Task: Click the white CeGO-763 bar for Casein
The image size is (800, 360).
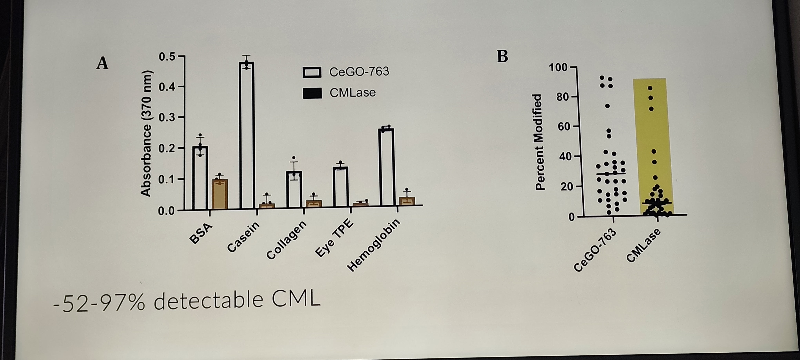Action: [247, 135]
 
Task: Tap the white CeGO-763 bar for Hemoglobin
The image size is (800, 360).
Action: [386, 167]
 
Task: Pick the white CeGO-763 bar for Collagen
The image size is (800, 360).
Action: [294, 189]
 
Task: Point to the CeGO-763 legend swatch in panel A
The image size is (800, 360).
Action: [312, 72]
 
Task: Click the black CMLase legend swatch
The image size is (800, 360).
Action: [312, 93]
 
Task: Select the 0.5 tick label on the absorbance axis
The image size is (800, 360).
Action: [167, 57]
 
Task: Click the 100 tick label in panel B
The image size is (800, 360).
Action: [558, 67]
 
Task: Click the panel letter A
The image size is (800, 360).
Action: [103, 63]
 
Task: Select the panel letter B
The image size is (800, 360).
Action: [503, 56]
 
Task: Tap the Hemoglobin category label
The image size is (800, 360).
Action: [373, 245]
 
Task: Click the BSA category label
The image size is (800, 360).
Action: [201, 234]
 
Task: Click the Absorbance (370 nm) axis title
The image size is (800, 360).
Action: [146, 134]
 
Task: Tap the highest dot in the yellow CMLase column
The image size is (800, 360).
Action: [650, 88]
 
